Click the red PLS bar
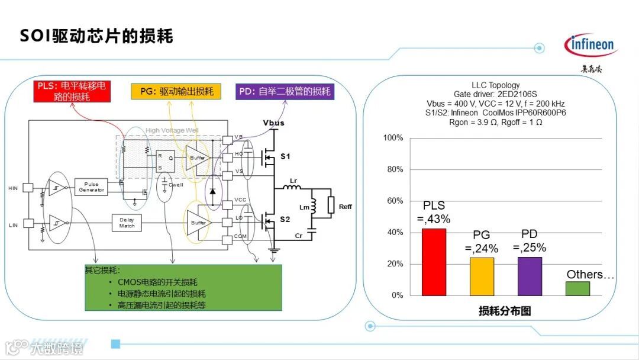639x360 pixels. pos(434,261)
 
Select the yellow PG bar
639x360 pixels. pos(482,276)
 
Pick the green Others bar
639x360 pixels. pos(577,288)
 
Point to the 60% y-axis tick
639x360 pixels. pos(393,201)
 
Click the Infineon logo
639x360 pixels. pos(590,45)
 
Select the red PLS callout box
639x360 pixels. pos(72,91)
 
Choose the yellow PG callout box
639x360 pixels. pos(176,91)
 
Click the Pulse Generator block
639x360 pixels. pos(92,187)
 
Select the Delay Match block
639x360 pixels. pos(127,223)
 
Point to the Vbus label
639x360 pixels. pos(273,123)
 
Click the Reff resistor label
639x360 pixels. pos(345,207)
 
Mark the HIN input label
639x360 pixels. pos(13,188)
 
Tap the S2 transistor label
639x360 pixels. pos(285,219)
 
